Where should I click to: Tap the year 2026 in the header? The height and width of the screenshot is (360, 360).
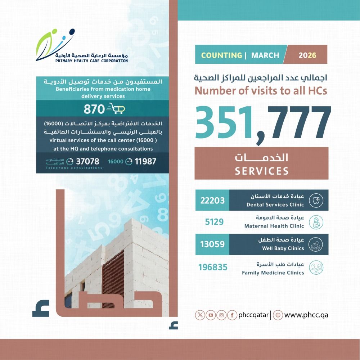pos(307,55)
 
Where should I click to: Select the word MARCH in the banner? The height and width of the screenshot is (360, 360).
pos(265,55)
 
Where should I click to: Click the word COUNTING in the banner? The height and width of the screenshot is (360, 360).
pos(221,55)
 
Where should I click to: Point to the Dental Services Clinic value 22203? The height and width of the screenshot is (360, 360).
pos(212,200)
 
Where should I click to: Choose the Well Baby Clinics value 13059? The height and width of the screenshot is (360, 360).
pos(212,244)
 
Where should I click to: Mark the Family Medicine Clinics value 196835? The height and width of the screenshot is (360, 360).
pos(213,267)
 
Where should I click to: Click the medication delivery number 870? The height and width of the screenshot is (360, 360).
pos(91,109)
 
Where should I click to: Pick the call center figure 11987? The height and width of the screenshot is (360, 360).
pos(145,162)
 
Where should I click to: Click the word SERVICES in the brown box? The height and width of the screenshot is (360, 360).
pos(262,171)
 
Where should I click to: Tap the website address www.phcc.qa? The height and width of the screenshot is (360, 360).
pos(306,315)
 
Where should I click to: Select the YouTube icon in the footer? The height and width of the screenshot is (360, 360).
pos(211,315)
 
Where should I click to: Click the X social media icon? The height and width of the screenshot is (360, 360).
pos(200,315)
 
